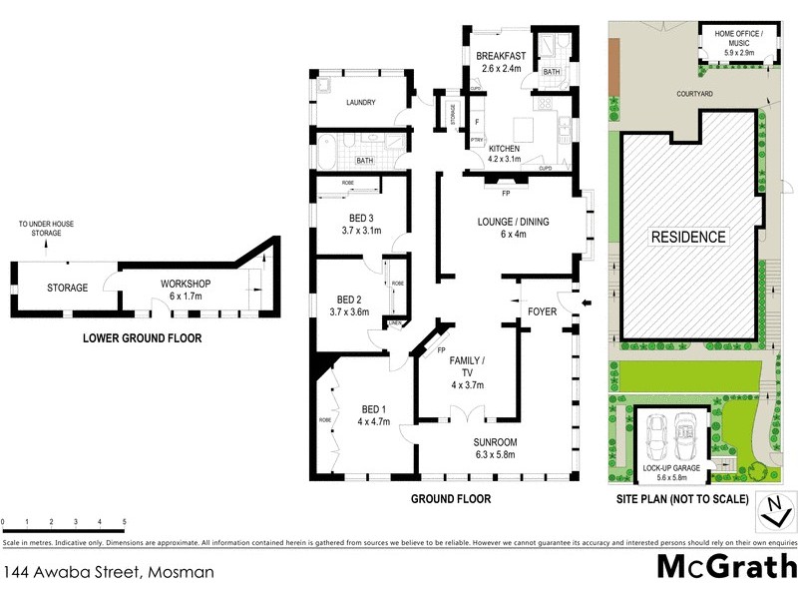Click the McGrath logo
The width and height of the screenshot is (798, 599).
(725, 567)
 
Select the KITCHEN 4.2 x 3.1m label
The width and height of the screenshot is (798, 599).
(504, 153)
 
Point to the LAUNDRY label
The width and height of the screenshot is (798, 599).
(359, 102)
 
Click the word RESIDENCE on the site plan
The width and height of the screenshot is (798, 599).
(688, 238)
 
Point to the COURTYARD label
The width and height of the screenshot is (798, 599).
(693, 93)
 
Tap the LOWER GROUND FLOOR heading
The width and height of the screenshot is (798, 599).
(142, 338)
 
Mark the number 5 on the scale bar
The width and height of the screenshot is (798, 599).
(124, 522)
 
